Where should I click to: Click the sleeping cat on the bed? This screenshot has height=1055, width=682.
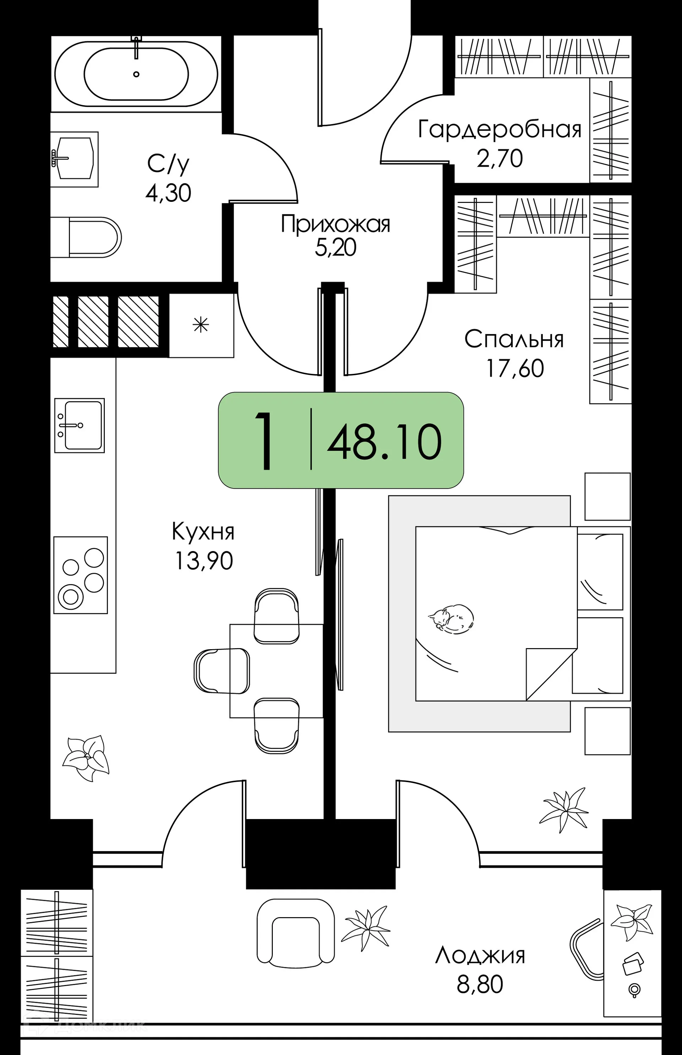click(x=452, y=617)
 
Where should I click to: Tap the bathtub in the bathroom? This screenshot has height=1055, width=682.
click(x=136, y=74)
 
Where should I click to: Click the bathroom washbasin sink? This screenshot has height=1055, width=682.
click(x=74, y=158)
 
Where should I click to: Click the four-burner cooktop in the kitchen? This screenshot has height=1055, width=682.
click(x=81, y=575)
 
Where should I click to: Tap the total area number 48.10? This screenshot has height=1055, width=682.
click(x=384, y=442)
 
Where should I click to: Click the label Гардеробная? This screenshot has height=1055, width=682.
click(x=499, y=130)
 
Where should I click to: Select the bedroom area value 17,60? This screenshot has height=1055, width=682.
click(x=515, y=368)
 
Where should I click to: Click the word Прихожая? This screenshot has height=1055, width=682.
click(x=335, y=225)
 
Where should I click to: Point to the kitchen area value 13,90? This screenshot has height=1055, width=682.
click(x=204, y=561)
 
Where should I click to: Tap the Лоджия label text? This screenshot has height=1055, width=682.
click(x=480, y=956)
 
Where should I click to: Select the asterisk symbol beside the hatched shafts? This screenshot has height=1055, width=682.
click(x=201, y=325)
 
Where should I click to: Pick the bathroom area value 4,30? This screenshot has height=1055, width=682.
click(x=168, y=193)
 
